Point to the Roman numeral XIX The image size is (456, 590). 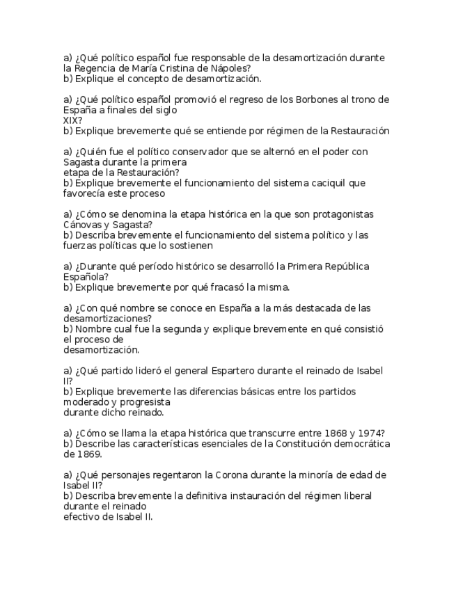(71, 120)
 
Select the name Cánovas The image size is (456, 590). (83, 225)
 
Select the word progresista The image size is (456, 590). (146, 402)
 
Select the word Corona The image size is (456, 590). (228, 475)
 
